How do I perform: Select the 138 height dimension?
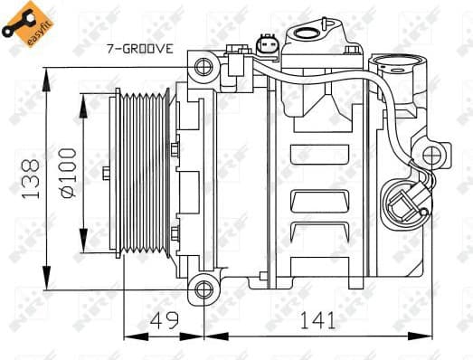tap(31, 177)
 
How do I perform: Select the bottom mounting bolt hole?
tap(203, 289)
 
